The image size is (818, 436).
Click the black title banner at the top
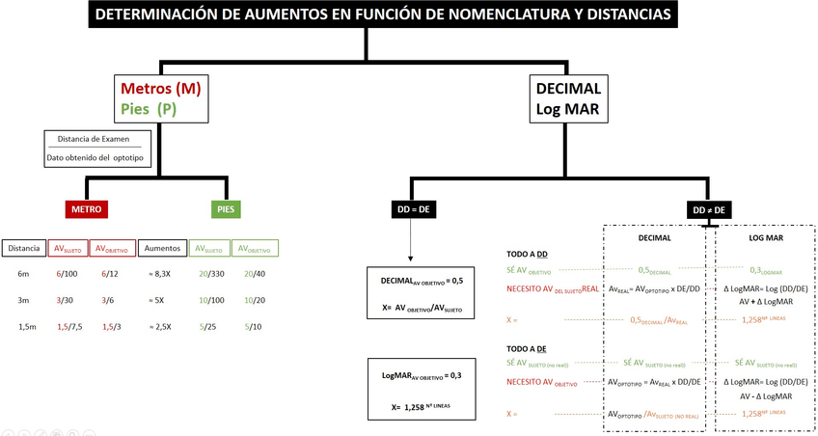click(384, 14)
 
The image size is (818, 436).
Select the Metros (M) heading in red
click(160, 89)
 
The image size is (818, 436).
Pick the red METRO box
click(87, 208)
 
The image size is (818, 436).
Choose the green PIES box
click(227, 208)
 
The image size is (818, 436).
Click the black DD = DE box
click(412, 208)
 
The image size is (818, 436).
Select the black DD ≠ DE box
click(709, 209)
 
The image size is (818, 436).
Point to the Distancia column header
click(23, 248)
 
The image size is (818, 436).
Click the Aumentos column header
click(162, 248)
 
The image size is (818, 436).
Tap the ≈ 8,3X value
click(161, 274)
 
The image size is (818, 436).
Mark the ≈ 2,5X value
click(161, 326)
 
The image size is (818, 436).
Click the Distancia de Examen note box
click(97, 148)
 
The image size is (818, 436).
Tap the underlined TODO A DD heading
click(527, 254)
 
